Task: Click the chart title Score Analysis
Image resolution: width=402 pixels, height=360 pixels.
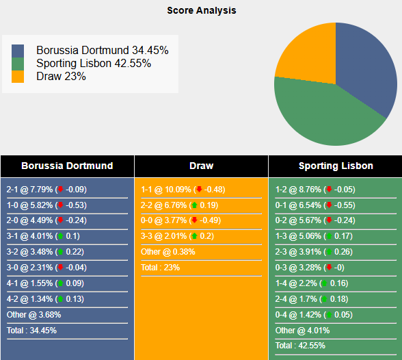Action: tap(201, 10)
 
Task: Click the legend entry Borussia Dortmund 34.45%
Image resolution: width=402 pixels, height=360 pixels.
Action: tap(102, 51)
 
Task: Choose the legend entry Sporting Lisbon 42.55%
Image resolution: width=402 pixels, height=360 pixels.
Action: tap(94, 64)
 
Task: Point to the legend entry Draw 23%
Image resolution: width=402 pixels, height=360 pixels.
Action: tap(61, 77)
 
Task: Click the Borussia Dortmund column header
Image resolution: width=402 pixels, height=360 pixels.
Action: tap(67, 166)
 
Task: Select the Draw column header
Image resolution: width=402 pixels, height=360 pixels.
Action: tap(201, 166)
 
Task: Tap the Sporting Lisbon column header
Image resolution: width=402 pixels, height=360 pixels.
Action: tap(336, 166)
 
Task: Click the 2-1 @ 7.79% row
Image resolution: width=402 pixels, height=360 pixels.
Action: tap(46, 190)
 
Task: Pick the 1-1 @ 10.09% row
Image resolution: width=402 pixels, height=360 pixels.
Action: tap(183, 190)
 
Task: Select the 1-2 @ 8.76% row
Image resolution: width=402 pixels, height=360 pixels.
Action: tap(316, 190)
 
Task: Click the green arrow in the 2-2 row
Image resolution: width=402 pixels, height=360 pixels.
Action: tap(195, 205)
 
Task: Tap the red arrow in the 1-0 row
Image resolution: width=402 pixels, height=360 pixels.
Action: tap(60, 205)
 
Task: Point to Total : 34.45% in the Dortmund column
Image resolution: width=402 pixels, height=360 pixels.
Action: tap(31, 330)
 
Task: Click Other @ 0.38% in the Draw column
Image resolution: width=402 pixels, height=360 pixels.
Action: tap(168, 251)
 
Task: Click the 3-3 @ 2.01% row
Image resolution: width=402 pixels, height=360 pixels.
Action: tap(183, 236)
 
